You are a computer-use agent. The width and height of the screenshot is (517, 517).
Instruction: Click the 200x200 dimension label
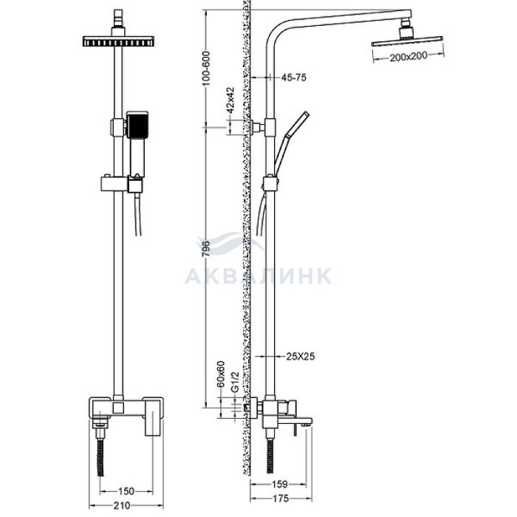[408, 56]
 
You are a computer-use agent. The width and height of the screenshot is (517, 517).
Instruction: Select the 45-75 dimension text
[293, 78]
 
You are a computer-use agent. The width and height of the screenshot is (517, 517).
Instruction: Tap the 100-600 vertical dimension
[206, 69]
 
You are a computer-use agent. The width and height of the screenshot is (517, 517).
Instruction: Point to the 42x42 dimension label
[230, 100]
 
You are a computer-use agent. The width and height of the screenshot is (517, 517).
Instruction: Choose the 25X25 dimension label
[301, 356]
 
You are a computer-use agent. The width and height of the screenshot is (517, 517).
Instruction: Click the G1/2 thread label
[234, 382]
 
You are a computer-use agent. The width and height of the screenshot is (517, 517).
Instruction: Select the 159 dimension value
[279, 484]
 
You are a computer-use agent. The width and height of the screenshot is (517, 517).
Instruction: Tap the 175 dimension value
[281, 498]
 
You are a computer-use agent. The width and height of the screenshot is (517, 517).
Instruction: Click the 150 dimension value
[126, 491]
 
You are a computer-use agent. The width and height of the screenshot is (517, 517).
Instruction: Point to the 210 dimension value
[122, 505]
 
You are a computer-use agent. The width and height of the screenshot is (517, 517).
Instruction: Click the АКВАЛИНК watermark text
[258, 276]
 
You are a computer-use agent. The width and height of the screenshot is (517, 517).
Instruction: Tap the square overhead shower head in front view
[118, 41]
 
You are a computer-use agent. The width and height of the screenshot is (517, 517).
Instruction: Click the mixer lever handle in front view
[154, 417]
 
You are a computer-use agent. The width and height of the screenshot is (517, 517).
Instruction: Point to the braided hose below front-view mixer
[101, 456]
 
